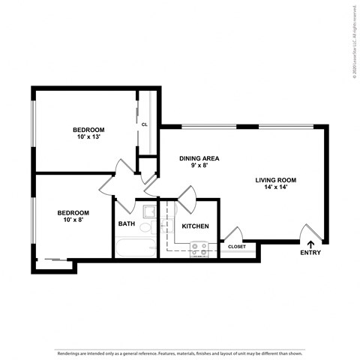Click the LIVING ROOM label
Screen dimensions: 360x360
click(x=276, y=180)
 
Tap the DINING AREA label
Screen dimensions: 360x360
click(x=199, y=158)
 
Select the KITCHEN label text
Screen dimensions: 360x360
click(x=194, y=226)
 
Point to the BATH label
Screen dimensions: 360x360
click(x=127, y=223)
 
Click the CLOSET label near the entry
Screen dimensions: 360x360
click(x=236, y=246)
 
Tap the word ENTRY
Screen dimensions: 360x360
click(x=310, y=253)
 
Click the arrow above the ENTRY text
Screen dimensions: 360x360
click(x=310, y=243)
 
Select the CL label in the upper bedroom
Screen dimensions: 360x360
click(x=144, y=124)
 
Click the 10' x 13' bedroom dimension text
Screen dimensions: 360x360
click(x=88, y=136)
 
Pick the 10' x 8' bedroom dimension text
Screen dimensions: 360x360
click(x=73, y=220)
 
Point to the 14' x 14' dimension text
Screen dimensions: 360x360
click(x=276, y=187)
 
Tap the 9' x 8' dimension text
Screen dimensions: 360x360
click(x=199, y=166)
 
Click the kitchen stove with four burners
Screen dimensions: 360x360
click(x=199, y=248)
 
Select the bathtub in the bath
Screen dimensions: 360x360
click(x=134, y=248)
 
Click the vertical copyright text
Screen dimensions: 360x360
click(x=352, y=40)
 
